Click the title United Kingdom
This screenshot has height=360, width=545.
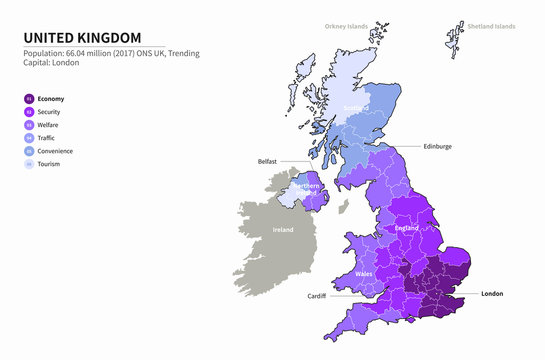click(83, 36)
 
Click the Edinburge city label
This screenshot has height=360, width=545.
click(437, 146)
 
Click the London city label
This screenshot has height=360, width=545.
click(492, 294)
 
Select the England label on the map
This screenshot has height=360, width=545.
click(406, 229)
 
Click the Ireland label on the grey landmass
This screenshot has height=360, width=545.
click(284, 230)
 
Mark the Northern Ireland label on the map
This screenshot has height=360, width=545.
click(306, 190)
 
